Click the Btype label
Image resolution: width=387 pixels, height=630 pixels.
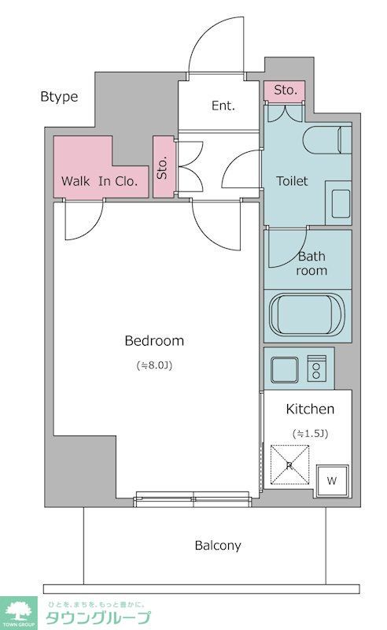tap(59, 97)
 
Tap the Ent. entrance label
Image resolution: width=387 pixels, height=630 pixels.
tap(223, 106)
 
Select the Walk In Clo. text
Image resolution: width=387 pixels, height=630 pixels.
tap(100, 181)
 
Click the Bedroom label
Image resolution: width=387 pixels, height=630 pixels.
tap(154, 341)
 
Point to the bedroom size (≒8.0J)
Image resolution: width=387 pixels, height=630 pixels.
tap(154, 365)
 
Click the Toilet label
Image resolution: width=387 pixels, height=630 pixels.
tap(292, 181)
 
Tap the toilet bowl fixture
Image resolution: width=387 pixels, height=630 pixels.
tap(327, 140)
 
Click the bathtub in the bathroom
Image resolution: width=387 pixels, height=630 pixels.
tap(307, 315)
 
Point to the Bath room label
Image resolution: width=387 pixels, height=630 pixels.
tap(311, 263)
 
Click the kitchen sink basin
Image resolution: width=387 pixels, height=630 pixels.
tap(285, 369)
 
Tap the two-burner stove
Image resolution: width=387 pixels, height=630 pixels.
tap(317, 368)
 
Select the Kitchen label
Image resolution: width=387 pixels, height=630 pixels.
tap(310, 409)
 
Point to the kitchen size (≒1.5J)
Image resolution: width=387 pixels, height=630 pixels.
tap(311, 434)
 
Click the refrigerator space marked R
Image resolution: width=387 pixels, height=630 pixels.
tap(289, 465)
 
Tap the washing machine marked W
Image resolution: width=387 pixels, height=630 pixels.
tap(332, 480)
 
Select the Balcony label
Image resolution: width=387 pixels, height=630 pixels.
tap(218, 546)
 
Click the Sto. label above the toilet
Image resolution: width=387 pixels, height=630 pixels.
tap(285, 90)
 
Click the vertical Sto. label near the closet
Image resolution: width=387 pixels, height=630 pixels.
tap(162, 168)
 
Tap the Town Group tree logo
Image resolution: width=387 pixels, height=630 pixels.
tap(18, 613)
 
